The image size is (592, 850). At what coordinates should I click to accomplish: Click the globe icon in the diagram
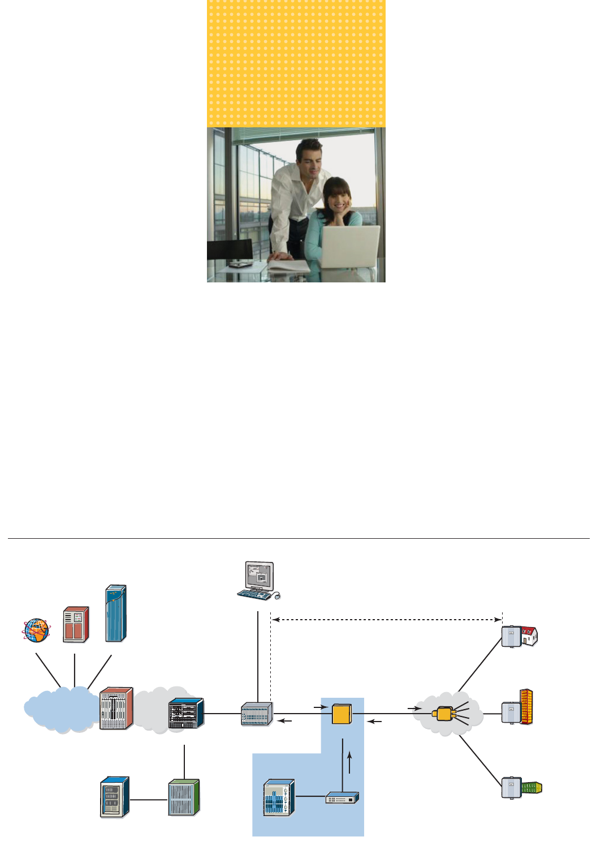pyautogui.click(x=36, y=630)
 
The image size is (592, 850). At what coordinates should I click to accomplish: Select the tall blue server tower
pyautogui.click(x=116, y=613)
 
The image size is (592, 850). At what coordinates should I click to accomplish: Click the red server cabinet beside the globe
pyautogui.click(x=76, y=624)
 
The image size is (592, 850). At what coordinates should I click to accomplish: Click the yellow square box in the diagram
pyautogui.click(x=342, y=714)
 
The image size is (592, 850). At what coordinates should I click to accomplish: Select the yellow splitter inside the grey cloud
pyautogui.click(x=444, y=714)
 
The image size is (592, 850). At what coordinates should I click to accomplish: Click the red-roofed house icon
pyautogui.click(x=529, y=636)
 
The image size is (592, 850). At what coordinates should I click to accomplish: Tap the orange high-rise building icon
pyautogui.click(x=526, y=707)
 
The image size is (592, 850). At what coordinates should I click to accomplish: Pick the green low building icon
pyautogui.click(x=531, y=787)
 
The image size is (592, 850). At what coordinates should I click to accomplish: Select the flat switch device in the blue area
pyautogui.click(x=342, y=798)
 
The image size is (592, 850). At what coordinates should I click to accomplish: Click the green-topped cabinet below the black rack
pyautogui.click(x=184, y=797)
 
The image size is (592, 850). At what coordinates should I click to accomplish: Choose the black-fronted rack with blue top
pyautogui.click(x=185, y=714)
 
